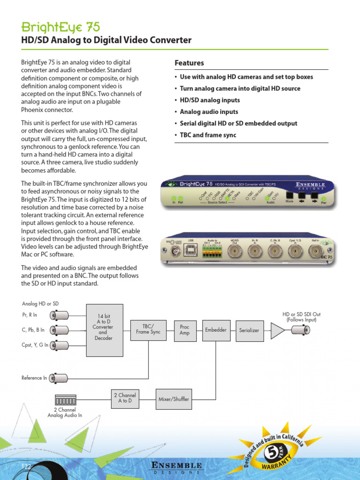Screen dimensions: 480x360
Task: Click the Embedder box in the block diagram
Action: [x=216, y=330]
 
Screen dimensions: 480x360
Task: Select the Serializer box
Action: [x=249, y=330]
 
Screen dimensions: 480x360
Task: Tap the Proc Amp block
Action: [x=185, y=330]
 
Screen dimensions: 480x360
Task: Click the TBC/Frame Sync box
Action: [x=148, y=329]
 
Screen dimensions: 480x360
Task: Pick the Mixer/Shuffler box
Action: [x=174, y=399]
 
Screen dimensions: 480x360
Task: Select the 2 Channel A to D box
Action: [x=125, y=398]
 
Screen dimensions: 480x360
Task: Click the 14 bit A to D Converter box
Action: [x=105, y=330]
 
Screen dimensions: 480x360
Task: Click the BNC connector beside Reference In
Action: [x=60, y=377]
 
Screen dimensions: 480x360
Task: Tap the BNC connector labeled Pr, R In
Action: [x=60, y=315]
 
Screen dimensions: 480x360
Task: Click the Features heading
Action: [x=189, y=63]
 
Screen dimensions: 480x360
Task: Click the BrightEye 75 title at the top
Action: [x=60, y=27]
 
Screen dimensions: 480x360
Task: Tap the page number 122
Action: [x=26, y=466]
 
